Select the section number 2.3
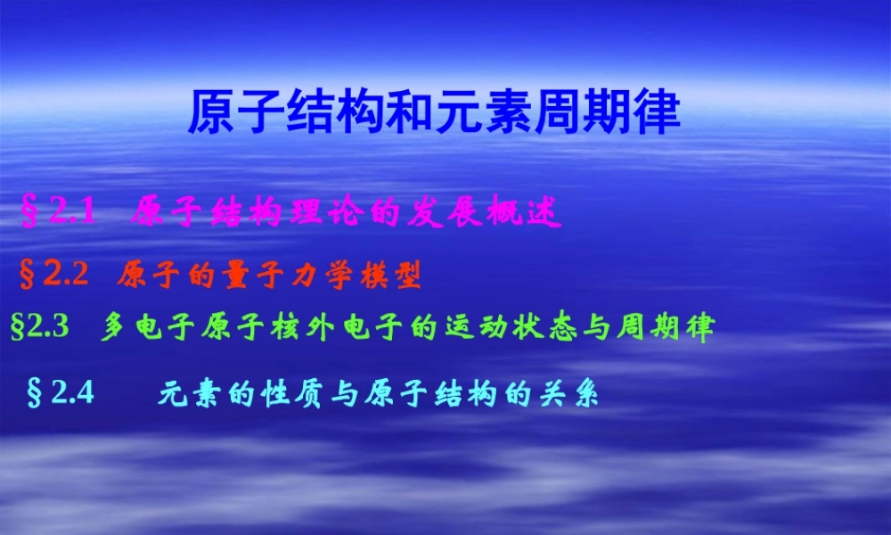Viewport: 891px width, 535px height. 48,327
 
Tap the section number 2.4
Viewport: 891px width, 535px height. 72,392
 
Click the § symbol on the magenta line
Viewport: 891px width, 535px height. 29,214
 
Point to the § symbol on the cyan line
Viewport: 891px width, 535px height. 36,393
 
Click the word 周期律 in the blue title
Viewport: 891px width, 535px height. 608,111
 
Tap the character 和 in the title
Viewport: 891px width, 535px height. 411,111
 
